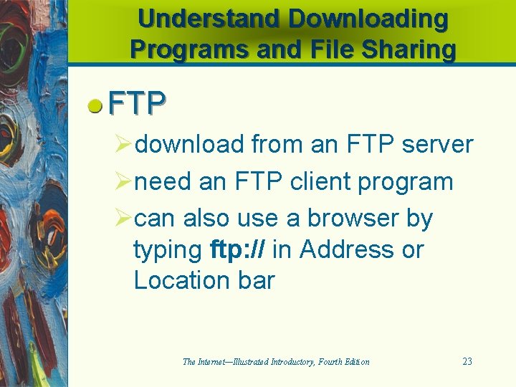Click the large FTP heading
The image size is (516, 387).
pyautogui.click(x=138, y=105)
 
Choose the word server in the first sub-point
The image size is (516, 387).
pyautogui.click(x=437, y=144)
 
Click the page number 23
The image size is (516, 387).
pyautogui.click(x=467, y=361)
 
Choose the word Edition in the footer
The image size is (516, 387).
pyautogui.click(x=355, y=362)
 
